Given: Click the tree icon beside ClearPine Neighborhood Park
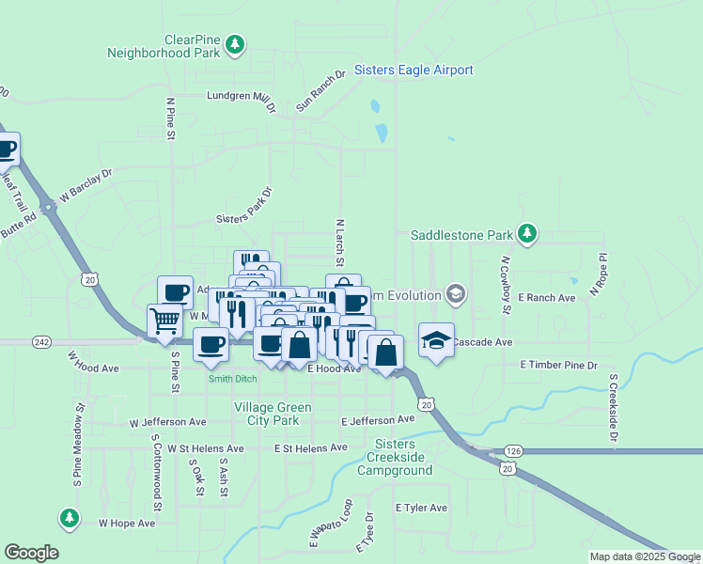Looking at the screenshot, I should (235, 43).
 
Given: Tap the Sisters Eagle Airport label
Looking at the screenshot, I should (414, 70).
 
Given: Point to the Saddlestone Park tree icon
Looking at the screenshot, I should (527, 233).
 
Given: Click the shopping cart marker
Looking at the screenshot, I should (165, 321).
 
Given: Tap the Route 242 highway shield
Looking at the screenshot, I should (40, 342).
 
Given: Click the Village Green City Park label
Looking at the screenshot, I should (266, 415).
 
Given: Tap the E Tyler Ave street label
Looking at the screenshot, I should (421, 508).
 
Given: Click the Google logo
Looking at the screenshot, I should (31, 553).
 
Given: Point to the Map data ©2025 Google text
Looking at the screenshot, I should (645, 556).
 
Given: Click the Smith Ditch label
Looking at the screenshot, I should (232, 378).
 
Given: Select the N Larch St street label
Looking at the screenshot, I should (340, 243).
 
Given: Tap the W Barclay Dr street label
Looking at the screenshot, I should (85, 186).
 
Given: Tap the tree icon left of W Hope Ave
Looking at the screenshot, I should (69, 517).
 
